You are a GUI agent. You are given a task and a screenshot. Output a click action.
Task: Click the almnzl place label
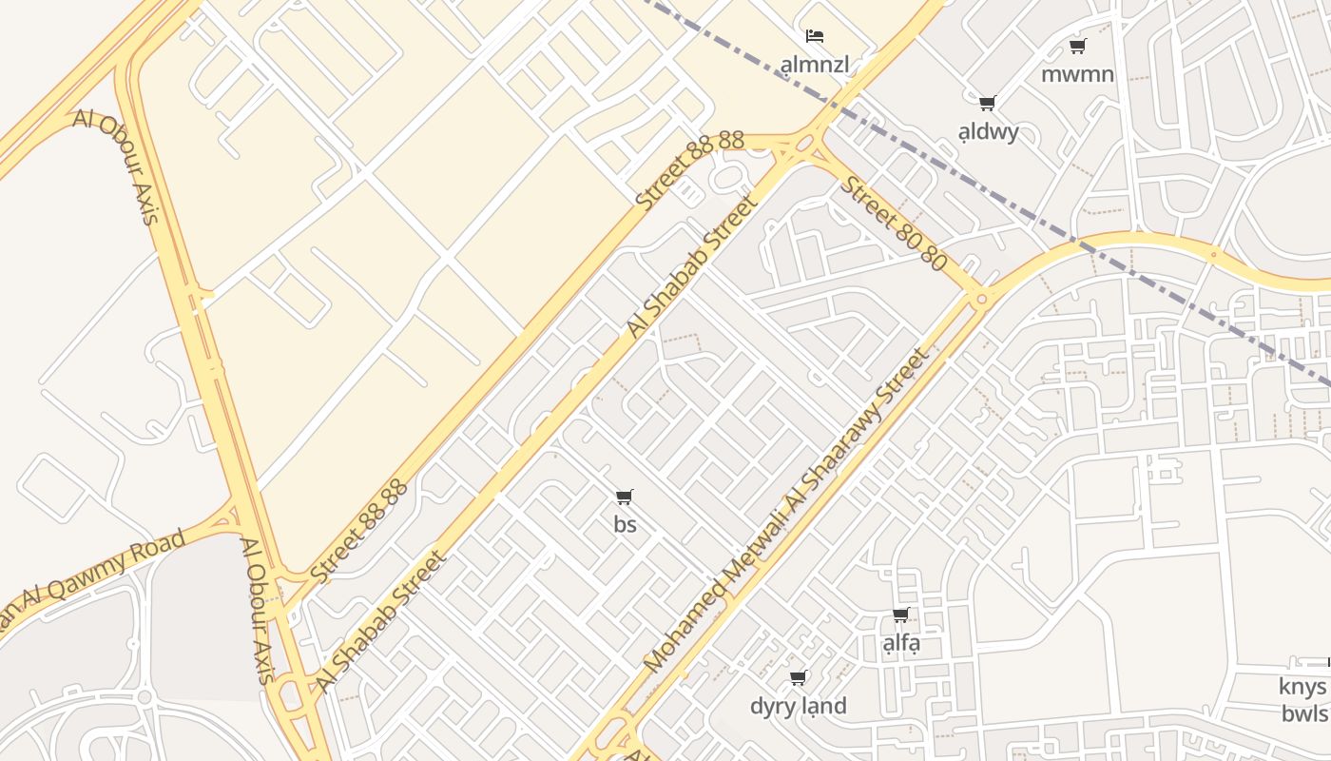pos(814,65)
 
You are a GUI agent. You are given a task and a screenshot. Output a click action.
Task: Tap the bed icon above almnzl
pos(814,37)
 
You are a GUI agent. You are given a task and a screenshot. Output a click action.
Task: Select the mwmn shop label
pos(1077,74)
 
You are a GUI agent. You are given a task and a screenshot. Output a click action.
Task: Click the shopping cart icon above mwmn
pos(1077,46)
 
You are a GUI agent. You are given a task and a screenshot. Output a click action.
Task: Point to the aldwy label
pos(988,131)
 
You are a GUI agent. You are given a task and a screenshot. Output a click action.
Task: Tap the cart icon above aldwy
pos(988,103)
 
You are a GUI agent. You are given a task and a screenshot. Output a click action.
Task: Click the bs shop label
pos(625,524)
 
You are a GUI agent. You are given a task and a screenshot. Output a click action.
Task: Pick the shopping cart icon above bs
pos(625,497)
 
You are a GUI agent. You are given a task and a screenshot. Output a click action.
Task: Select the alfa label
pos(901,643)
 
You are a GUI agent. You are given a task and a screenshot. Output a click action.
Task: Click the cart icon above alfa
pos(901,615)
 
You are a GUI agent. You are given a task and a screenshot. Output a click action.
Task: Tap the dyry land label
pos(798,706)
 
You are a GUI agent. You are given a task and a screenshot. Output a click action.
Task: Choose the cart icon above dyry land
pos(799,677)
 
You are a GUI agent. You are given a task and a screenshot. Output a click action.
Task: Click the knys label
pos(1302,687)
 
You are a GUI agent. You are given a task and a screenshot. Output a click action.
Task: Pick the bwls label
pos(1303,713)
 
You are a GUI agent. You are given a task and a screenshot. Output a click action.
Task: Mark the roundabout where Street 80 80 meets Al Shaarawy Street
pos(981,298)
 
